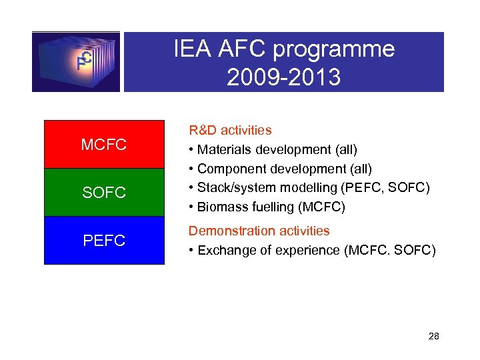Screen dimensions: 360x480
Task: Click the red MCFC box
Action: coord(104,145)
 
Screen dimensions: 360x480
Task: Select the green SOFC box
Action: coord(104,193)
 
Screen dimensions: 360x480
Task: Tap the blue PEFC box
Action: coord(104,241)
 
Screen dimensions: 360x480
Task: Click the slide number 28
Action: coord(433,337)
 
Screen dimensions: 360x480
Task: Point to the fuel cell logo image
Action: coord(76,62)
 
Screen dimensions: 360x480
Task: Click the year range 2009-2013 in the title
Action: coord(283,78)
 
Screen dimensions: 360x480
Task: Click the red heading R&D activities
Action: coord(230,130)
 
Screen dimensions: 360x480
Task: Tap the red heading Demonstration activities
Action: coord(259,231)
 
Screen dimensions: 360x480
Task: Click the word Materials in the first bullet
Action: coord(224,149)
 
